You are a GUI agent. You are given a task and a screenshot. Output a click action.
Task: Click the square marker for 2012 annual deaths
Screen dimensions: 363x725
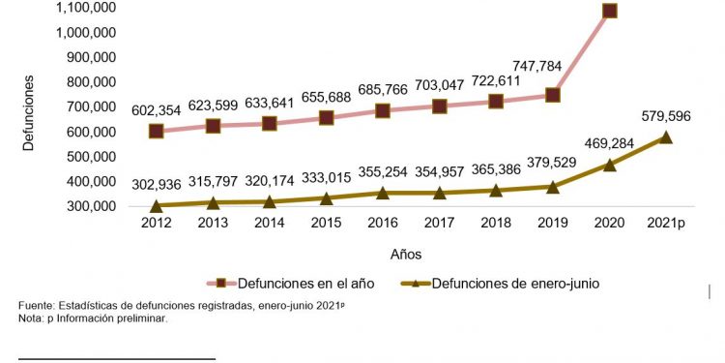coord(157,131)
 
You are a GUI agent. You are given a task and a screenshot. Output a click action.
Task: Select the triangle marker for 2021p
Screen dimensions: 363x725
coord(665,137)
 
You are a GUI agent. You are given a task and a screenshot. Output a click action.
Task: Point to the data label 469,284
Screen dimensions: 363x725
coord(609,143)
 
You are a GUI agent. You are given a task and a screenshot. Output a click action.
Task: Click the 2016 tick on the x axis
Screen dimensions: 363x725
coord(382,223)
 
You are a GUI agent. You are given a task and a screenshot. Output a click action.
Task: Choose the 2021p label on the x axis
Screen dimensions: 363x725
coord(665,223)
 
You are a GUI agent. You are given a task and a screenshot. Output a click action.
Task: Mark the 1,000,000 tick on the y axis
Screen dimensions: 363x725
coord(86,32)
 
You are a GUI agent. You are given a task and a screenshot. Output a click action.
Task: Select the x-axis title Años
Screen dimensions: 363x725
coord(405,254)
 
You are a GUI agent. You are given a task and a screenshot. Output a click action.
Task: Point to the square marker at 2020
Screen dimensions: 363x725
coord(609,11)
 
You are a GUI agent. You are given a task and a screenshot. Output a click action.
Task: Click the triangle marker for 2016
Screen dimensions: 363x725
coord(383,193)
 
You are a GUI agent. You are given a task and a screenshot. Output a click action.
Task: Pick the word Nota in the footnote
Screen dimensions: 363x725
coord(31,318)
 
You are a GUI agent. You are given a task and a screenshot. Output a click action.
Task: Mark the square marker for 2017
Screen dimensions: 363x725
coord(440,106)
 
